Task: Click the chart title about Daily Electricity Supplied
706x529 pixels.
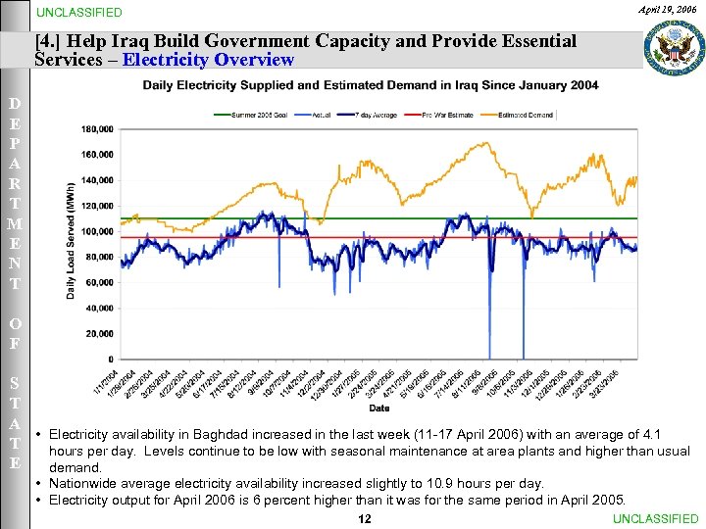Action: [x=371, y=86]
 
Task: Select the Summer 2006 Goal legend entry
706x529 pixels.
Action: [x=256, y=115]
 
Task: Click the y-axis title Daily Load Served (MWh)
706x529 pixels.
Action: [x=71, y=241]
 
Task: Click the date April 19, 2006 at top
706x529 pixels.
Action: [x=666, y=9]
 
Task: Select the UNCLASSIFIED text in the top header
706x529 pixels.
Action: [x=79, y=13]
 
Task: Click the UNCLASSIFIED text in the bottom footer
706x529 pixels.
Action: [x=655, y=518]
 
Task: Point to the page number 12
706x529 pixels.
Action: [x=365, y=518]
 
